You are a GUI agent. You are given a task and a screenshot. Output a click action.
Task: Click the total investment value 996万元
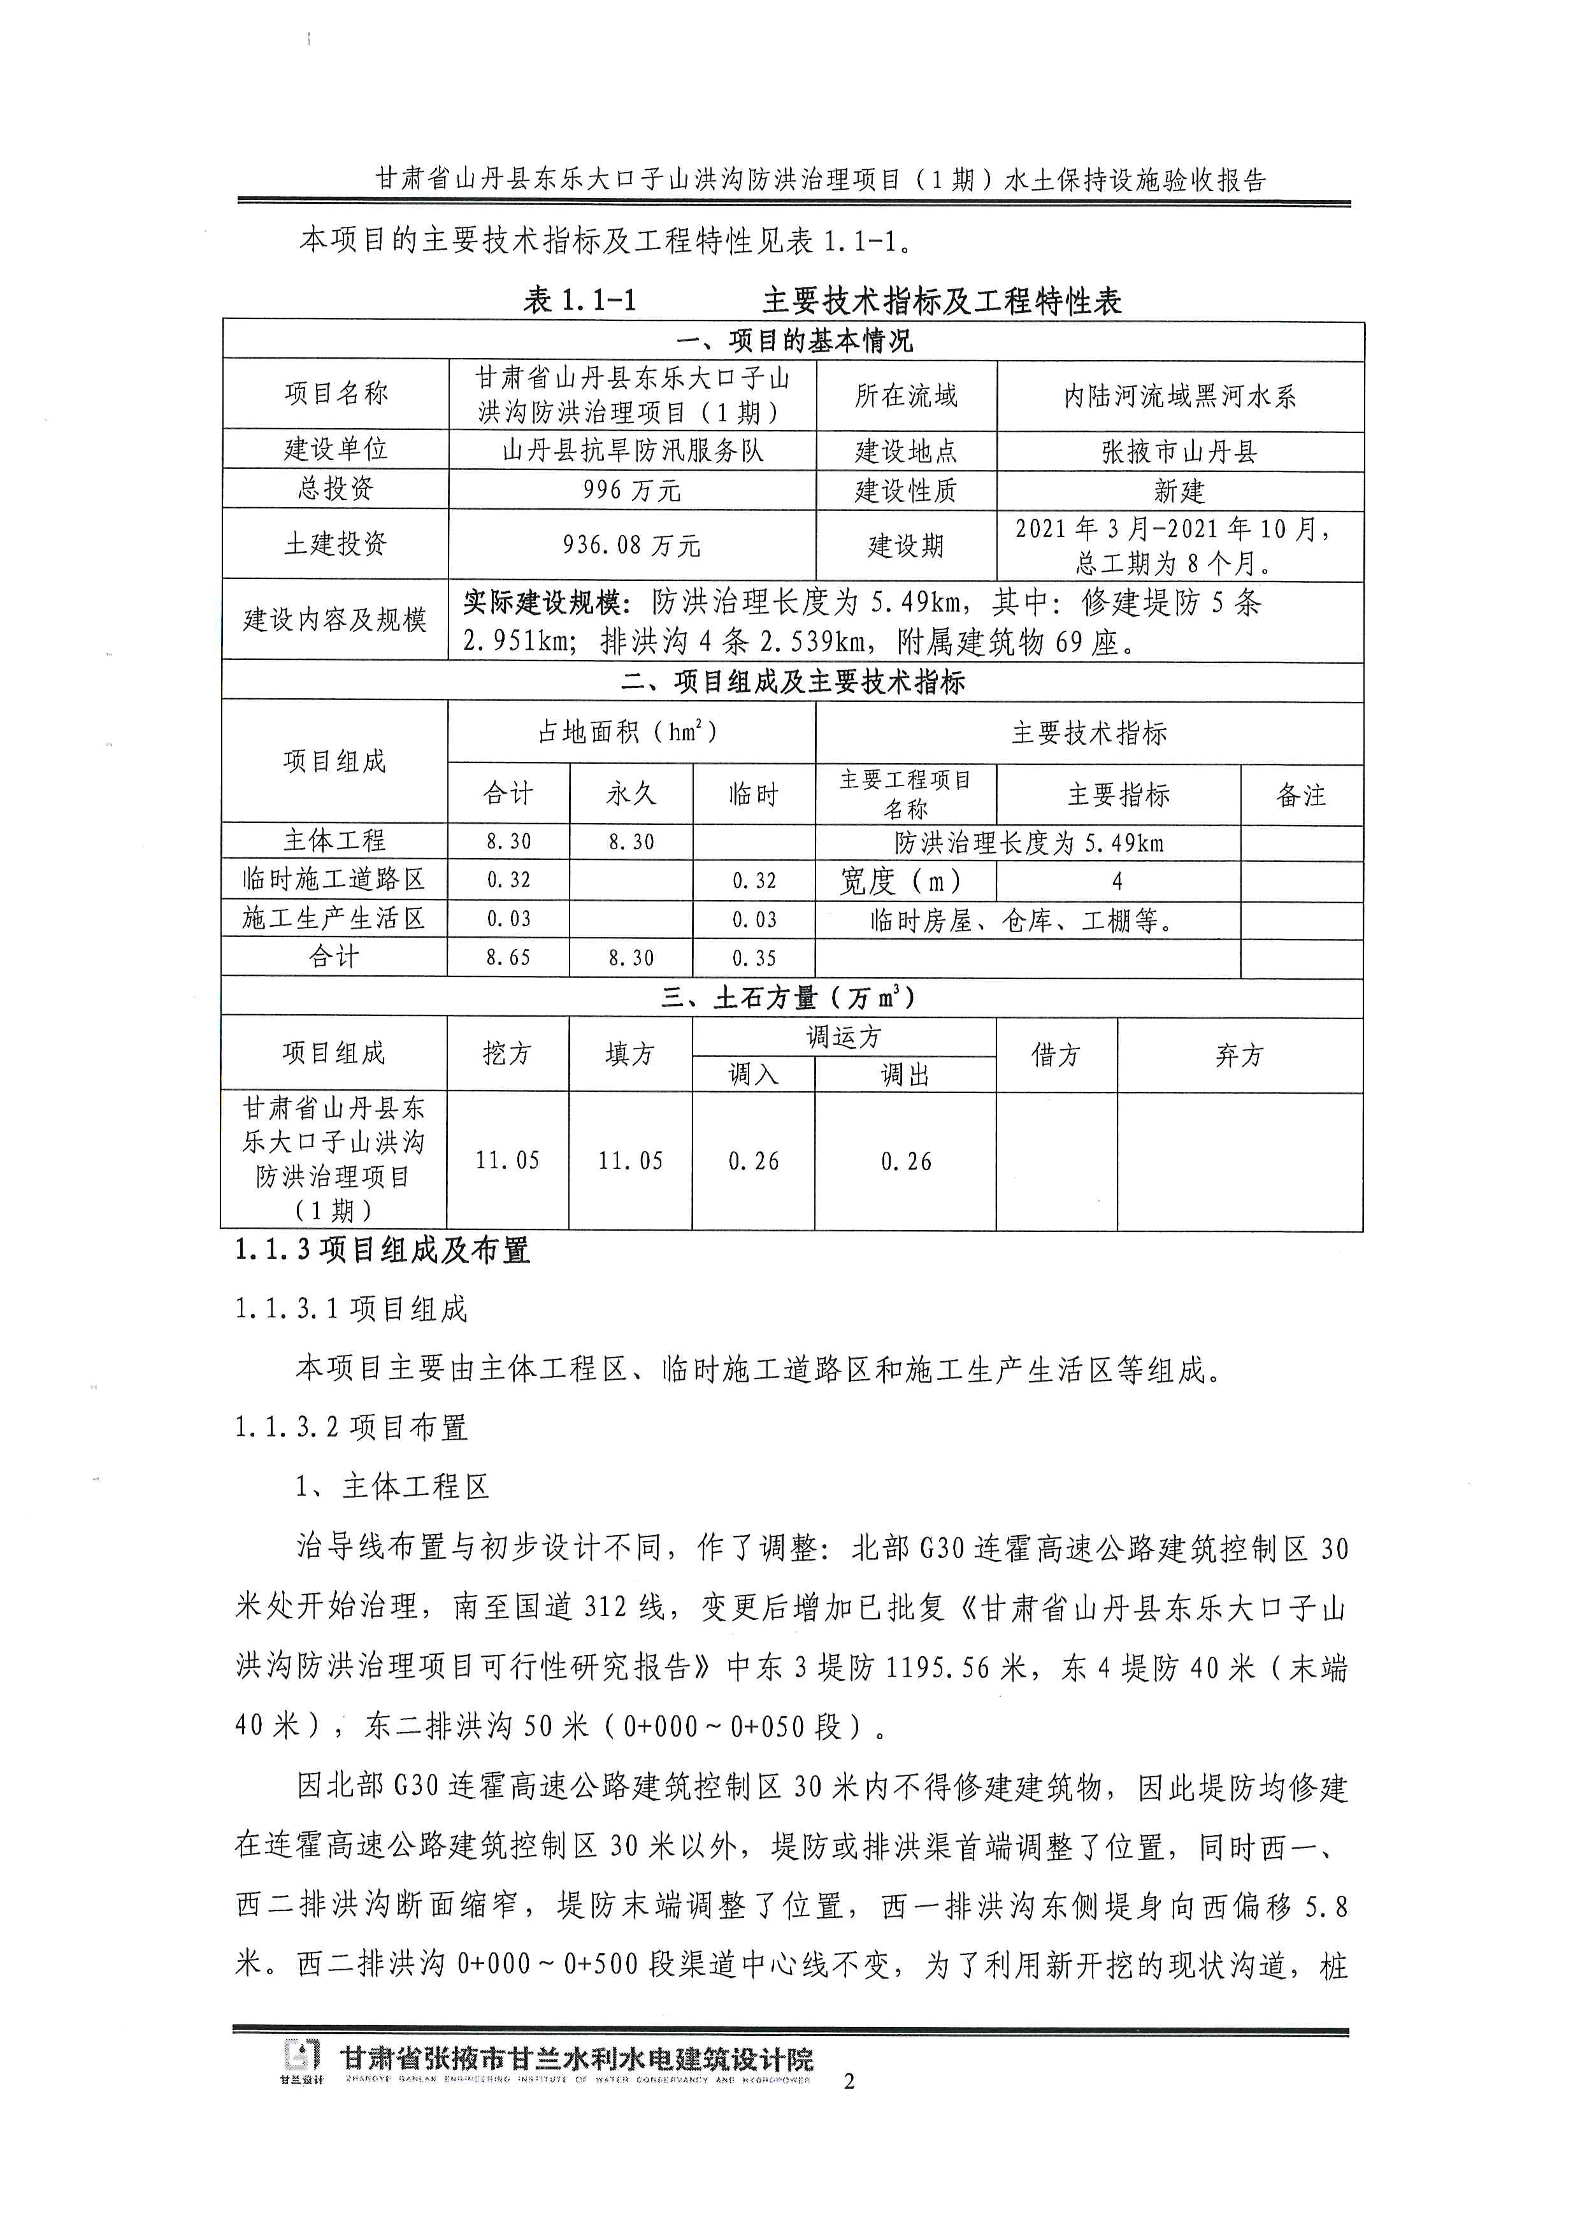pyautogui.click(x=631, y=489)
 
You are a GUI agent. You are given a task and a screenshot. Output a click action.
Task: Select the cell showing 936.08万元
pyautogui.click(x=631, y=545)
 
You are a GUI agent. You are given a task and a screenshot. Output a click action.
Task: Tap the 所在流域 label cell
pyautogui.click(x=906, y=395)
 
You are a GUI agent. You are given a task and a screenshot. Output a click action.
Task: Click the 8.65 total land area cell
pyautogui.click(x=508, y=957)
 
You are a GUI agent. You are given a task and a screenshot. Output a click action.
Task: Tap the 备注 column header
pyautogui.click(x=1301, y=795)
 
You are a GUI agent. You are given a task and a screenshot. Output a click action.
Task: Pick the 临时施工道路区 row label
pyautogui.click(x=334, y=880)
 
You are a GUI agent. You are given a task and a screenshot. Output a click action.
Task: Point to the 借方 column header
pyautogui.click(x=1056, y=1055)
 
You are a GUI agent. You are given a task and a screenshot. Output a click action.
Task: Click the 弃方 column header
pyautogui.click(x=1240, y=1055)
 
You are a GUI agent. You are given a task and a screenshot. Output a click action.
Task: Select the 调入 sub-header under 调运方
pyautogui.click(x=754, y=1074)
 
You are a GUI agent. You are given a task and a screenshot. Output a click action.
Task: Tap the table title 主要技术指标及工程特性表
pyautogui.click(x=942, y=301)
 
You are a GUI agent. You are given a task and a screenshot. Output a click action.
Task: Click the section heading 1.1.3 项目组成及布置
pyautogui.click(x=382, y=1250)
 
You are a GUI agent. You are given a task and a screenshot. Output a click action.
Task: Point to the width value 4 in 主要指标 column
pyautogui.click(x=1118, y=880)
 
